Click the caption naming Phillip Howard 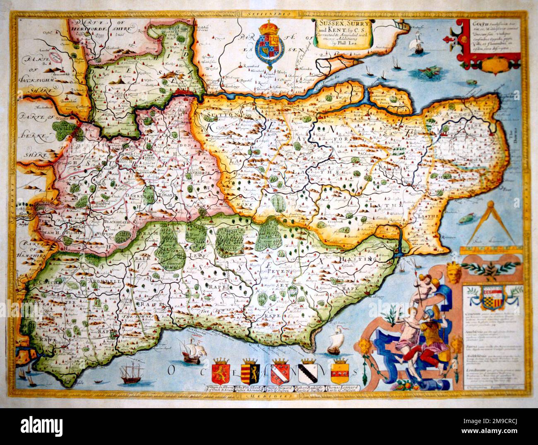pyautogui.click(x=281, y=388)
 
